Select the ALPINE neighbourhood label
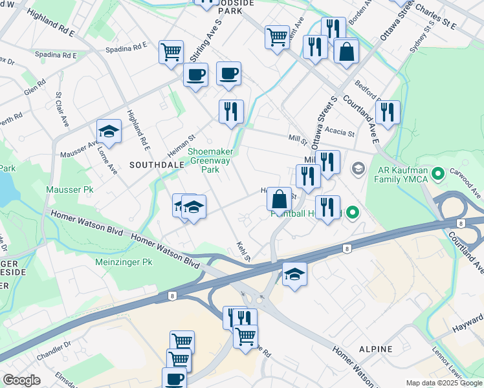click(376, 349)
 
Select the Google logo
click(21, 381)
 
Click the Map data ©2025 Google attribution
click(444, 383)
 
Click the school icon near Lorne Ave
click(109, 131)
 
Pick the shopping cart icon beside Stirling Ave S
click(171, 51)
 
